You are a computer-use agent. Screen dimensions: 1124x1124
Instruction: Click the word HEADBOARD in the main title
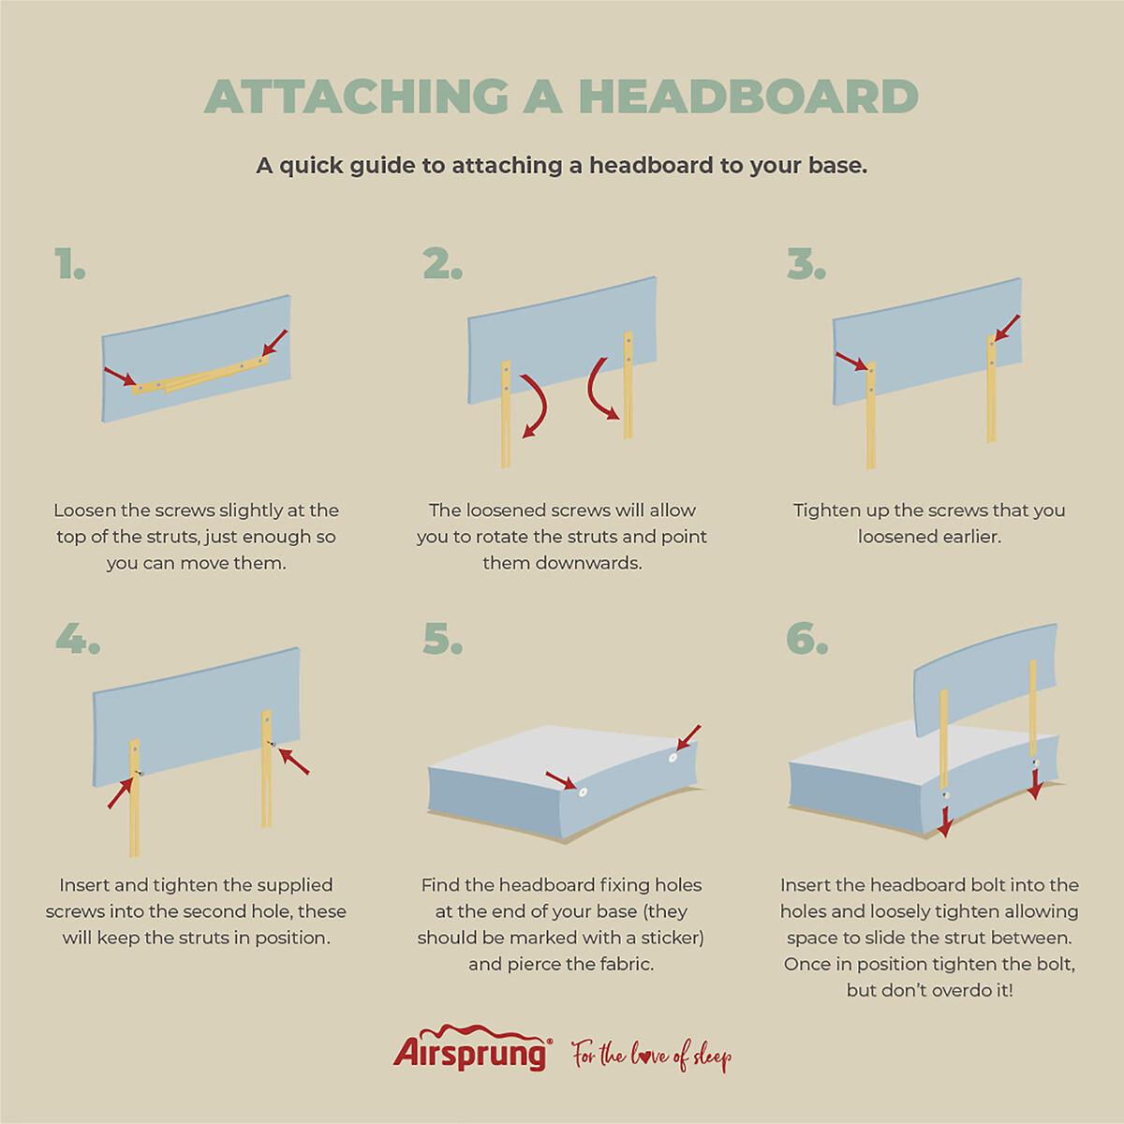click(x=748, y=96)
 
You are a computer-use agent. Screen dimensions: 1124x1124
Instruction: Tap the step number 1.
click(x=70, y=264)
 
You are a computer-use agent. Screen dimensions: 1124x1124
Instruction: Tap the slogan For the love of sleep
click(x=652, y=1057)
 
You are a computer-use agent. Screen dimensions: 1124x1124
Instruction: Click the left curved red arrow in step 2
click(x=536, y=405)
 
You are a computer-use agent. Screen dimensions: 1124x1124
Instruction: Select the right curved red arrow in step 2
click(x=602, y=389)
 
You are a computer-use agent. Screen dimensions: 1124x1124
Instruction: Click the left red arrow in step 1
click(x=121, y=377)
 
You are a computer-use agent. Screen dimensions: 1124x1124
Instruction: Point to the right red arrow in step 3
click(x=1007, y=328)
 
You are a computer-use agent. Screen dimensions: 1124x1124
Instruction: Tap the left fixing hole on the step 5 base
click(x=582, y=792)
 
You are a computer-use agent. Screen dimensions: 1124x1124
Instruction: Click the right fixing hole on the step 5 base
click(x=673, y=758)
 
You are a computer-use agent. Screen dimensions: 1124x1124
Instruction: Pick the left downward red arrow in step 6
click(x=945, y=821)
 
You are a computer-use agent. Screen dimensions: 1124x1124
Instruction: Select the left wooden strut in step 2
click(x=506, y=414)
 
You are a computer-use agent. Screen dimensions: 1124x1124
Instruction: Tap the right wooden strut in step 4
click(x=267, y=768)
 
